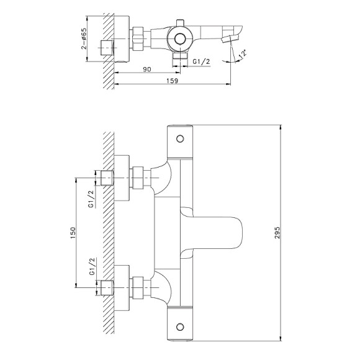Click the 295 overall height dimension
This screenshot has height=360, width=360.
(277, 233)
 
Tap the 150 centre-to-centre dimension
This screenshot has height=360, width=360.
(73, 233)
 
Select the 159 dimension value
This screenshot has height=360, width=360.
(172, 81)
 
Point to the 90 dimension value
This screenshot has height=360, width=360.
(147, 69)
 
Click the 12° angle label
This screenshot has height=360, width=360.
(243, 53)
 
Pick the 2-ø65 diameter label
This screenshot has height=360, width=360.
(84, 38)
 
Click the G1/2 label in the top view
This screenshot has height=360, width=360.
(201, 61)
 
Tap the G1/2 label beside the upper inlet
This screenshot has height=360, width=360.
(91, 199)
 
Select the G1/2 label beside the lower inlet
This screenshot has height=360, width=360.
(92, 266)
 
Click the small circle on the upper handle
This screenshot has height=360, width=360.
(180, 138)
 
